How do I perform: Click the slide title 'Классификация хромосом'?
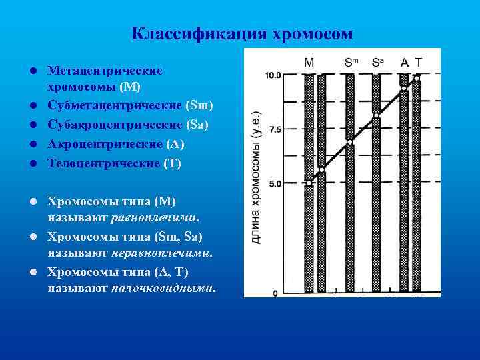coord(241,33)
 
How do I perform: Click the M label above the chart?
coord(309,63)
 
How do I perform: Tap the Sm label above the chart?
coord(351,63)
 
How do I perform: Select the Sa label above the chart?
coord(378,63)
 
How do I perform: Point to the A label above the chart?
coord(404,63)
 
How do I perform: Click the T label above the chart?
coord(418,63)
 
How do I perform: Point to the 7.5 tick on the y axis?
coord(273,129)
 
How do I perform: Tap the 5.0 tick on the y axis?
coord(273,183)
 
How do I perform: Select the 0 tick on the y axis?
coord(275,293)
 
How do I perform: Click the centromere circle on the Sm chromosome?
coord(350,142)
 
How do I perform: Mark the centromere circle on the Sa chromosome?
coord(376,115)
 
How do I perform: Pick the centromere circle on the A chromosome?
coord(403,88)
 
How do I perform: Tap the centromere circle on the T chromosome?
coord(417,78)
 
